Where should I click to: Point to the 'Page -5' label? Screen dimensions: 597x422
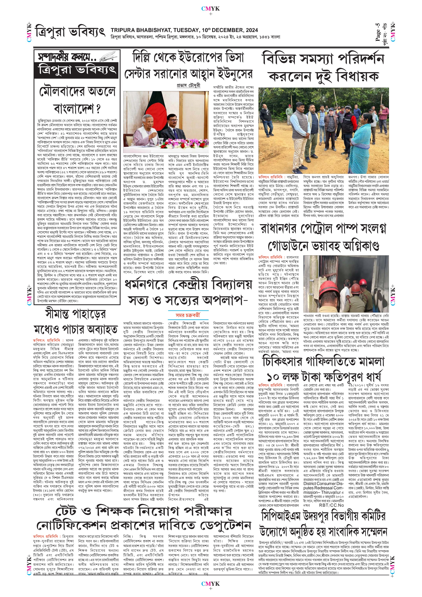tap(378, 33)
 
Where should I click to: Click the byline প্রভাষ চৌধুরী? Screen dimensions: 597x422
tap(188, 85)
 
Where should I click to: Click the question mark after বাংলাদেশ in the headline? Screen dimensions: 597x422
tap(98, 109)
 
